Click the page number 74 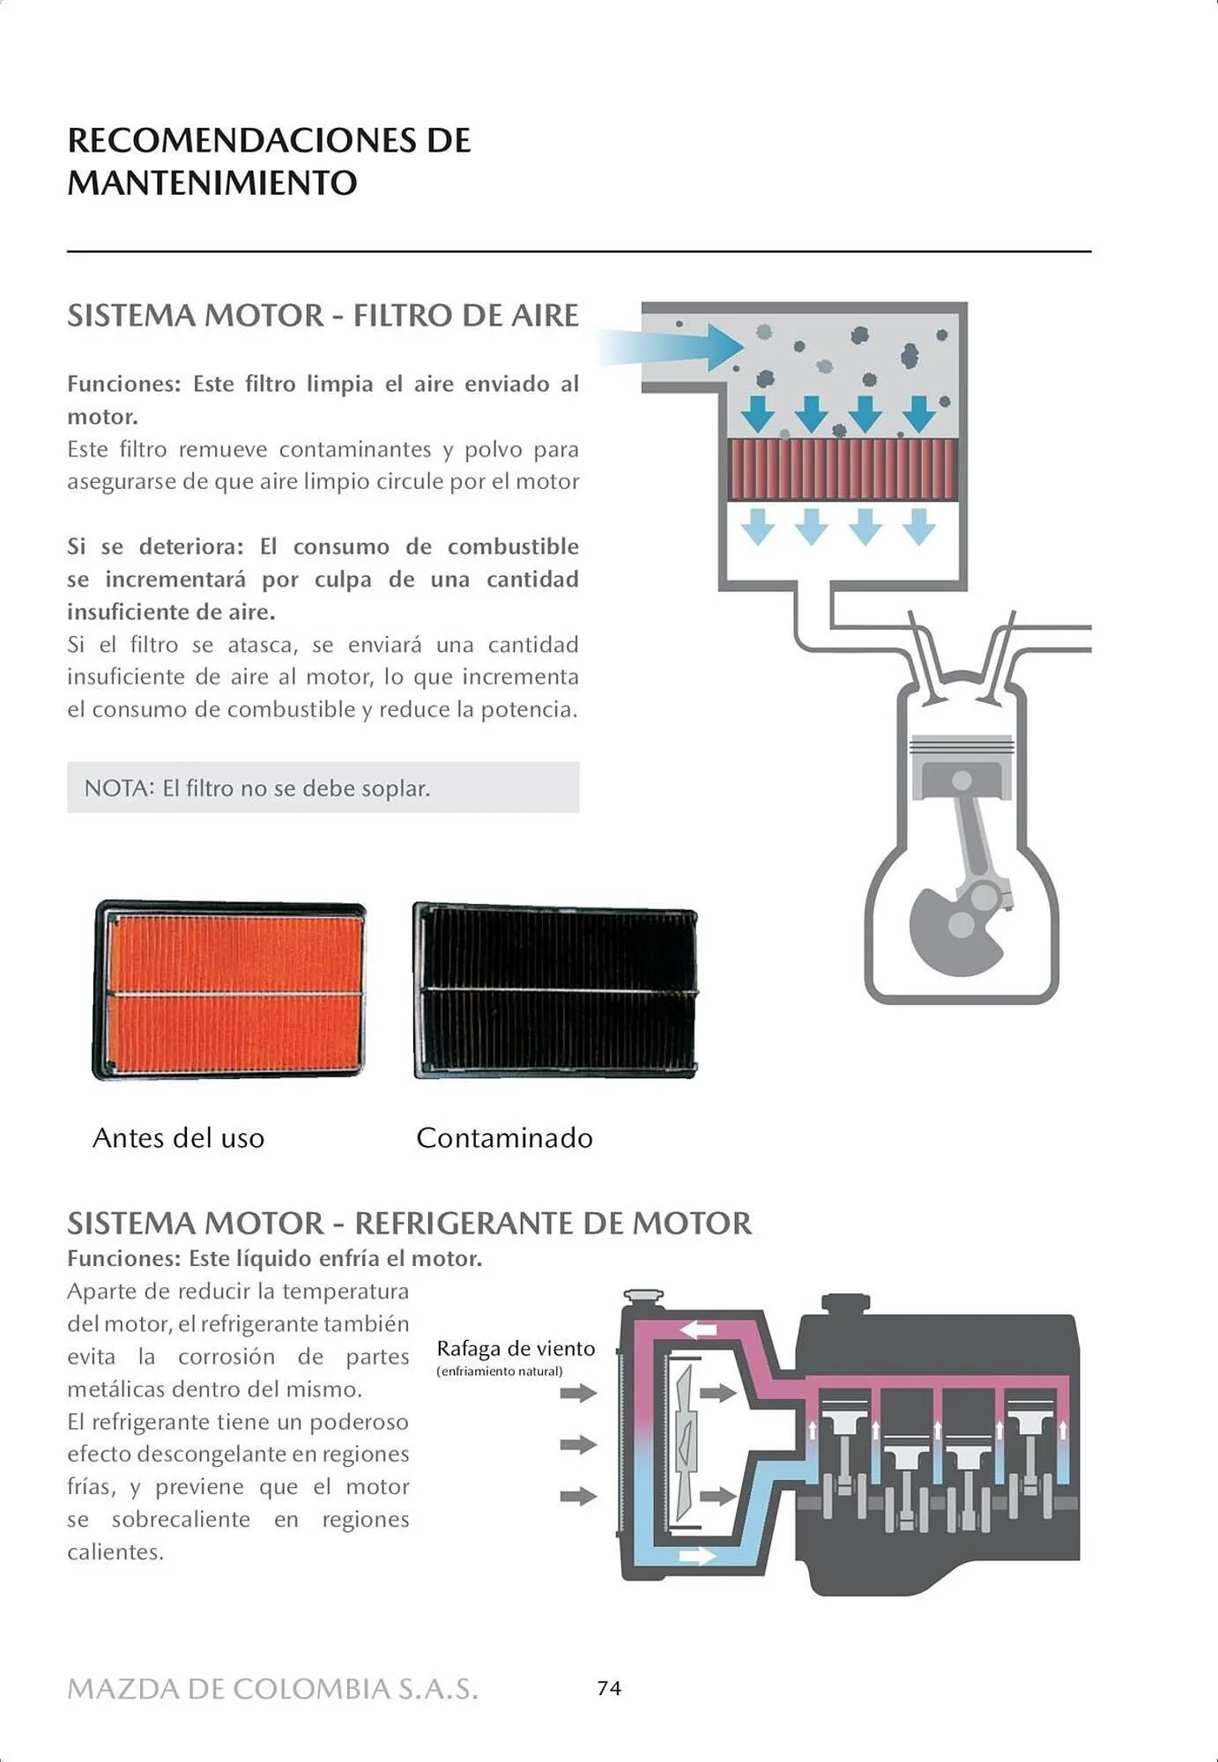pos(609,1688)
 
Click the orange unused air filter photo pos(229,990)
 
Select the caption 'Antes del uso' pos(178,1137)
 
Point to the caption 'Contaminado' pos(504,1137)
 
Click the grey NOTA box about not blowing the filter pos(323,788)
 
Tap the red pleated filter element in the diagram pos(843,469)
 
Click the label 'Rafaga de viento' pos(516,1349)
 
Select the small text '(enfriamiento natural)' pos(499,1372)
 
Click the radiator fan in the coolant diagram pos(685,1445)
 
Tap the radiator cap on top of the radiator pos(643,1297)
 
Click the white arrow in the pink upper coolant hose pos(698,1329)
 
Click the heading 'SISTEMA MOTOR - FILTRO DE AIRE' pos(323,315)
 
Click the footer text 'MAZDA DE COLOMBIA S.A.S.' pos(273,1689)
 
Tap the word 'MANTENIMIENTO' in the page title pos(212,183)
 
